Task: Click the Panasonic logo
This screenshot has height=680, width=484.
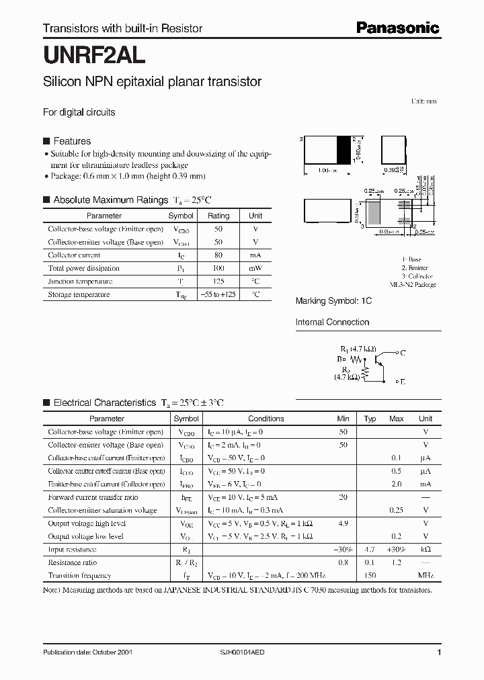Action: (397, 28)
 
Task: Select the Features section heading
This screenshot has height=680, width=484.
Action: (72, 141)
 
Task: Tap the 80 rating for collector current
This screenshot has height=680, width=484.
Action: (218, 255)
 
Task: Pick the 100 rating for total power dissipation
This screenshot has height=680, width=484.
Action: (218, 268)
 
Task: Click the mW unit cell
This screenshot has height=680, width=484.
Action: (255, 268)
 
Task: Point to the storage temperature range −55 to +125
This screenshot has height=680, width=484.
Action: (218, 294)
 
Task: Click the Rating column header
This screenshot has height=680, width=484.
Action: (218, 216)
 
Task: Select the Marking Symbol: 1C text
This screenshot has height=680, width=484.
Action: (333, 302)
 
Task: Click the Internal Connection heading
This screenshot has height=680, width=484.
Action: (332, 322)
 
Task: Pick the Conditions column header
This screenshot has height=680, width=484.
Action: (266, 419)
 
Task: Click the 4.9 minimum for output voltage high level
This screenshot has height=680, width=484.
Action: (343, 523)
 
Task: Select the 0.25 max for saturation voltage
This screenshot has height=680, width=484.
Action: (396, 511)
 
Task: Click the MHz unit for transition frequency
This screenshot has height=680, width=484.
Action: (426, 576)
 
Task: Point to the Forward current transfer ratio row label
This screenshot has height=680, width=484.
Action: (93, 498)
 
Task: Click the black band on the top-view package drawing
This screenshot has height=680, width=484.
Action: (343, 149)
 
